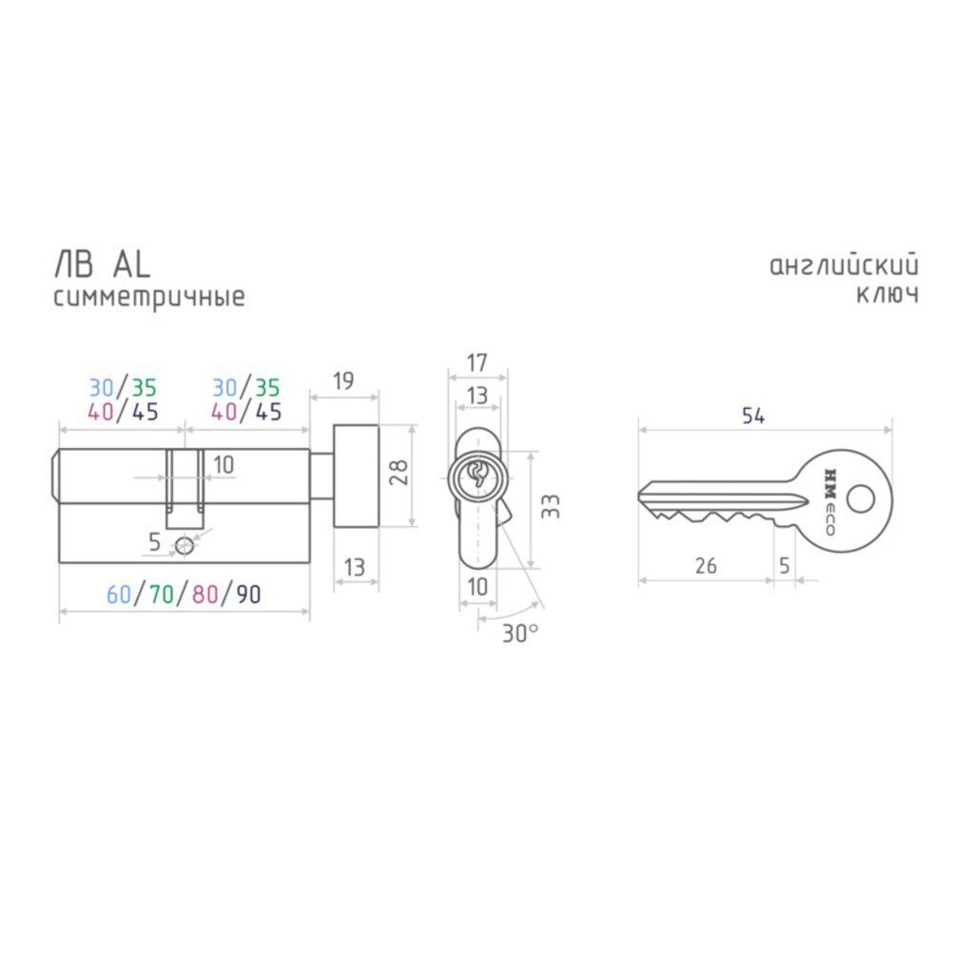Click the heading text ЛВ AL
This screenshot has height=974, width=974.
point(103,264)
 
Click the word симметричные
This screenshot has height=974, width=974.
point(149,297)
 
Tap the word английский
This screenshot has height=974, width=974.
point(844,265)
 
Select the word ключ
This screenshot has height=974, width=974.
point(887,294)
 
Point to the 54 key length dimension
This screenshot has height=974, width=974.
point(753,416)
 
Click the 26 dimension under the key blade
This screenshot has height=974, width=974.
point(706,566)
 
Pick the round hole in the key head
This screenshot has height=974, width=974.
point(861,498)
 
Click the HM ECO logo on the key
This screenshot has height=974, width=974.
point(829,501)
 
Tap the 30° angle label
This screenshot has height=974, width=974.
point(520,633)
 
